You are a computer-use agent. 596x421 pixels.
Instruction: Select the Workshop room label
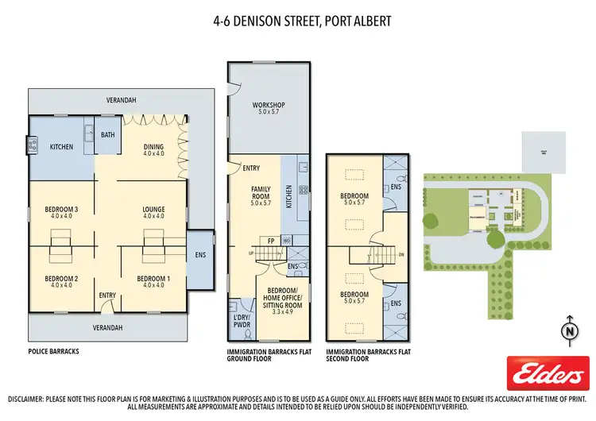click(269, 109)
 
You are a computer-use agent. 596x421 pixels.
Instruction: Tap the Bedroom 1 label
click(153, 282)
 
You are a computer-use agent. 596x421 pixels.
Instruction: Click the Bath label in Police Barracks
click(107, 135)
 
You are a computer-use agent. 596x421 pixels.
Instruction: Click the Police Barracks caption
click(52, 351)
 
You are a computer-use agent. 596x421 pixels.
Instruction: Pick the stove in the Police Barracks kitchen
click(33, 145)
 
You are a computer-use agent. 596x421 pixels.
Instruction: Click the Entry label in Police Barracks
click(106, 295)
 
